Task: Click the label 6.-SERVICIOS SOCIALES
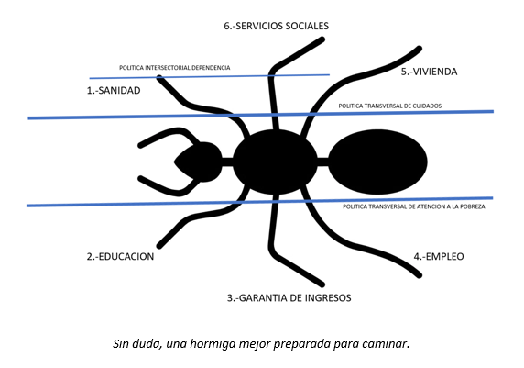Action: (276, 26)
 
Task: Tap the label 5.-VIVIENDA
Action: (429, 72)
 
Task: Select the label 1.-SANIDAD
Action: (114, 91)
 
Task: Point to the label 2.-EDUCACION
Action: (120, 256)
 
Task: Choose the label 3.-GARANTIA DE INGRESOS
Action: (289, 297)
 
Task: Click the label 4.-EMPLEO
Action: (439, 256)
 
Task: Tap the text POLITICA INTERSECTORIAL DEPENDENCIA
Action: (175, 68)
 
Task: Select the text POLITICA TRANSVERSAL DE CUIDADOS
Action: (390, 106)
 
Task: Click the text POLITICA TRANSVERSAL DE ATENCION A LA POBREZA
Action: (414, 206)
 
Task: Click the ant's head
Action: (200, 162)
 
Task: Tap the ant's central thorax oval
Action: (275, 162)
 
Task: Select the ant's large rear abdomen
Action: (377, 162)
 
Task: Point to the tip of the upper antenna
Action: (140, 146)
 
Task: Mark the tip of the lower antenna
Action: (140, 178)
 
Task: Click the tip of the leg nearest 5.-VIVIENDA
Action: (420, 49)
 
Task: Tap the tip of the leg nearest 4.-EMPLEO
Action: (420, 275)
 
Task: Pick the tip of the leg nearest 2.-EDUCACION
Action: (159, 246)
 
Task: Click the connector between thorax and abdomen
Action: (322, 162)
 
